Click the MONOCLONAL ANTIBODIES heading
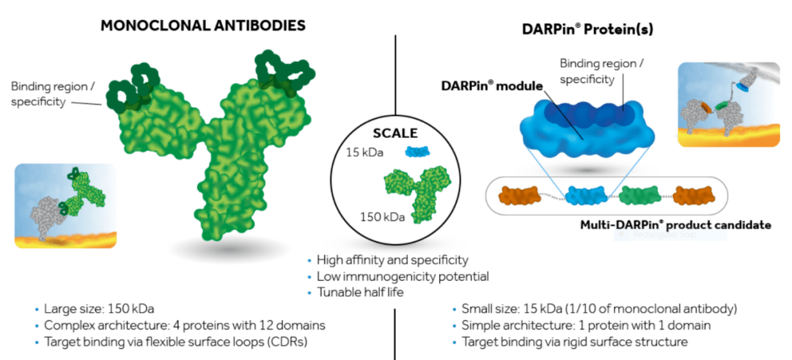pyautogui.click(x=203, y=25)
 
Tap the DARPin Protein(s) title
pyautogui.click(x=587, y=29)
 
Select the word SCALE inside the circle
pyautogui.click(x=395, y=133)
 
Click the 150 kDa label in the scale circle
pyautogui.click(x=382, y=217)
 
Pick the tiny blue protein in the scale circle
pyautogui.click(x=417, y=151)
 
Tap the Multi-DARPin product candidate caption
pyautogui.click(x=676, y=224)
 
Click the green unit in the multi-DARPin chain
pyautogui.click(x=640, y=196)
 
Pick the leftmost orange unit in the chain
pyautogui.click(x=519, y=196)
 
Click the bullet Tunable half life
pyautogui.click(x=359, y=293)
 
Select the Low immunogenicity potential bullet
pyautogui.click(x=403, y=276)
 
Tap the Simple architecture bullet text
pyautogui.click(x=586, y=325)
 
